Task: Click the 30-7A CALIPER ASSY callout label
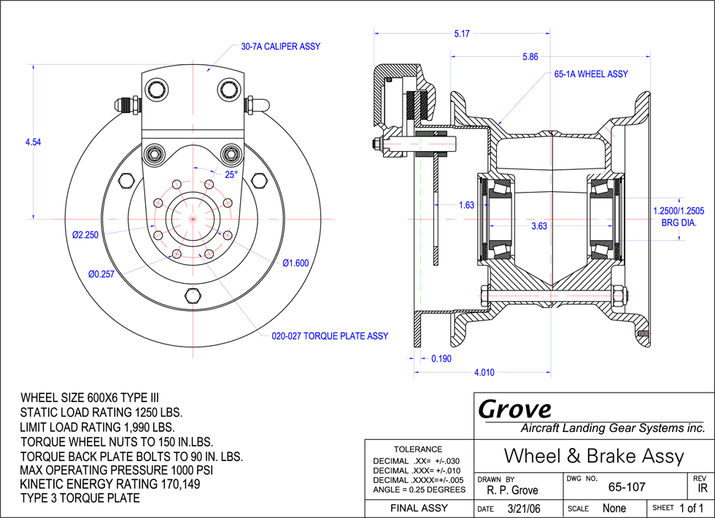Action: click(280, 47)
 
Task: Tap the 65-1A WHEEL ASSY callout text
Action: click(591, 74)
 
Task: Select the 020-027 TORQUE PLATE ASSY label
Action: click(330, 336)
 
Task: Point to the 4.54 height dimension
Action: click(34, 142)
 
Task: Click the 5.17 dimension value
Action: click(461, 34)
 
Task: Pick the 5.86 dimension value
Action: click(530, 57)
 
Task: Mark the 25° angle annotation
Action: click(231, 174)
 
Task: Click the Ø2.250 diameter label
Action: click(85, 235)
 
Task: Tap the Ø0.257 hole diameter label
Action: click(101, 274)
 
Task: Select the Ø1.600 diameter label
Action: click(295, 263)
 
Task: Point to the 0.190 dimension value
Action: click(441, 359)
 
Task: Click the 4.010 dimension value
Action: click(484, 373)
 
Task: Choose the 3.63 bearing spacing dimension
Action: click(539, 226)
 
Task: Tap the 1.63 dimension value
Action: click(466, 205)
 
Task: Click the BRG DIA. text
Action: click(679, 223)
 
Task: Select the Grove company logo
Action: click(515, 409)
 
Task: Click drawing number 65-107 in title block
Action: click(627, 487)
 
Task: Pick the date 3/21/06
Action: click(524, 509)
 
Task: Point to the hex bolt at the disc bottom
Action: click(193, 295)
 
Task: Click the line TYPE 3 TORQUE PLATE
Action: click(80, 498)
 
